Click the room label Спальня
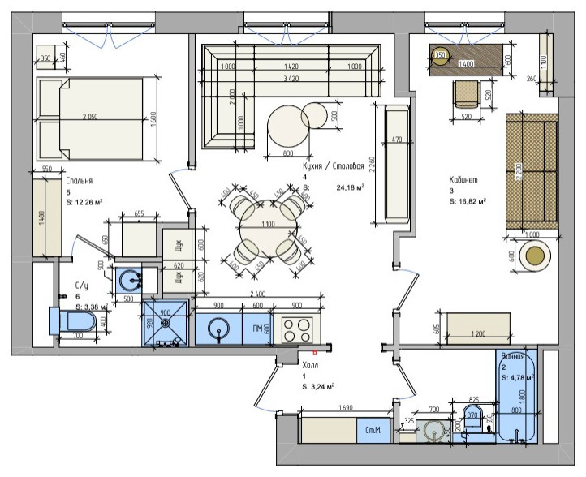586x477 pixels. (x=80, y=183)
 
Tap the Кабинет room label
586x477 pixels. (x=468, y=180)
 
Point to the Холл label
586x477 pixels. (x=310, y=365)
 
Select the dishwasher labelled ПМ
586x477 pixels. (x=256, y=329)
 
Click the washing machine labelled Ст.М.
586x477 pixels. (x=373, y=429)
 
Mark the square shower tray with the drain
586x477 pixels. (x=165, y=323)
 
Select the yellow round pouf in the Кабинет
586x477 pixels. (x=536, y=258)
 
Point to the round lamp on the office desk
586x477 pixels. (x=441, y=56)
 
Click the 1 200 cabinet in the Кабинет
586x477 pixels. (x=478, y=326)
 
